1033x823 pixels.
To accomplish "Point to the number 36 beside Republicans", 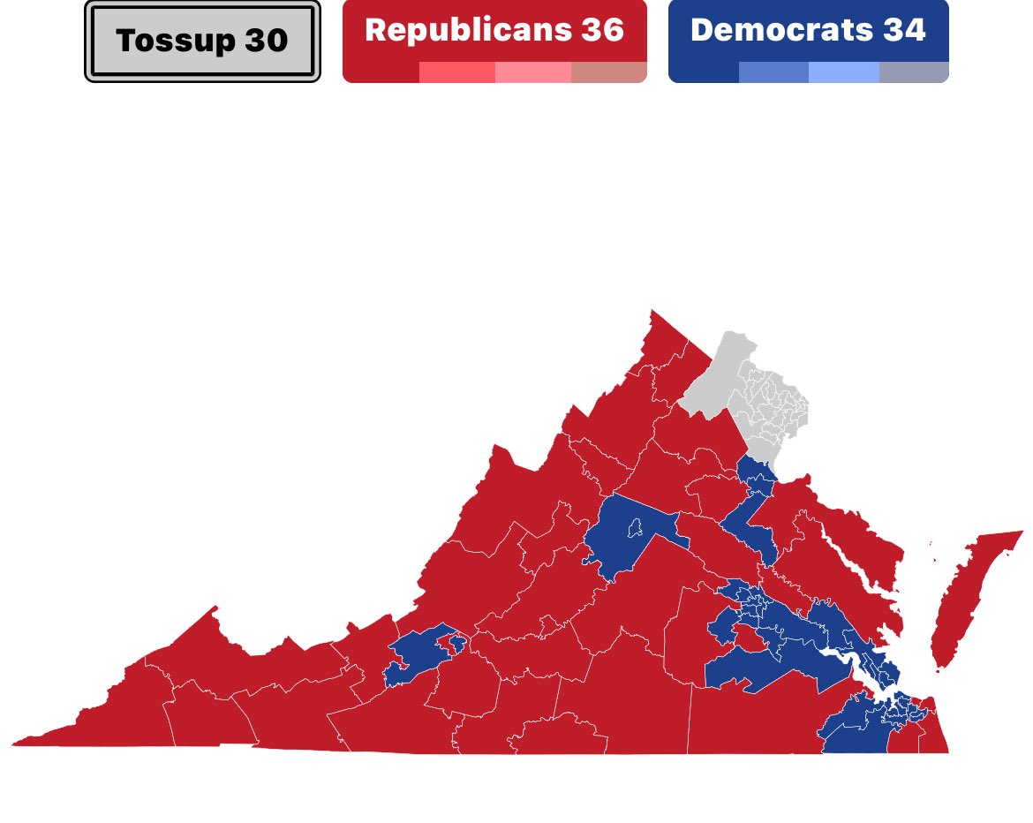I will pyautogui.click(x=602, y=29).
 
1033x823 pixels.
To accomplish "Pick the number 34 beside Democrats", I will pyautogui.click(x=903, y=29).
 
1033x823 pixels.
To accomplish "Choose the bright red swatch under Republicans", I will pyautogui.click(x=456, y=72).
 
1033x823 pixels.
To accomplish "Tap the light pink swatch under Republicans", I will pyautogui.click(x=532, y=72).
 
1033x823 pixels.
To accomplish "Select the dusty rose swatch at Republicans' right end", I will pyautogui.click(x=608, y=72).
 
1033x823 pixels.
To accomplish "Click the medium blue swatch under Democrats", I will pyautogui.click(x=773, y=72).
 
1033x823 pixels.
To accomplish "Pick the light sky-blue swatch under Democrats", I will pyautogui.click(x=843, y=72).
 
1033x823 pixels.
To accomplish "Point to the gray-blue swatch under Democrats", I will pyautogui.click(x=914, y=72).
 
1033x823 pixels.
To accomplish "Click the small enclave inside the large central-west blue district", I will pyautogui.click(x=632, y=530).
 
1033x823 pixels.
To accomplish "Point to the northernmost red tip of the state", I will pyautogui.click(x=653, y=314).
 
